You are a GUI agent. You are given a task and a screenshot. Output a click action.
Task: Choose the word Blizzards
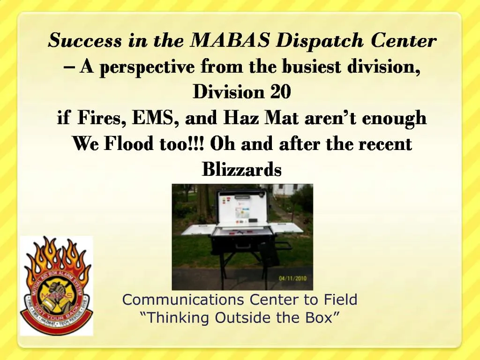click(241, 169)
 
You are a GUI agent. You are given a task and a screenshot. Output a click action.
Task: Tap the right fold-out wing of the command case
click(286, 228)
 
